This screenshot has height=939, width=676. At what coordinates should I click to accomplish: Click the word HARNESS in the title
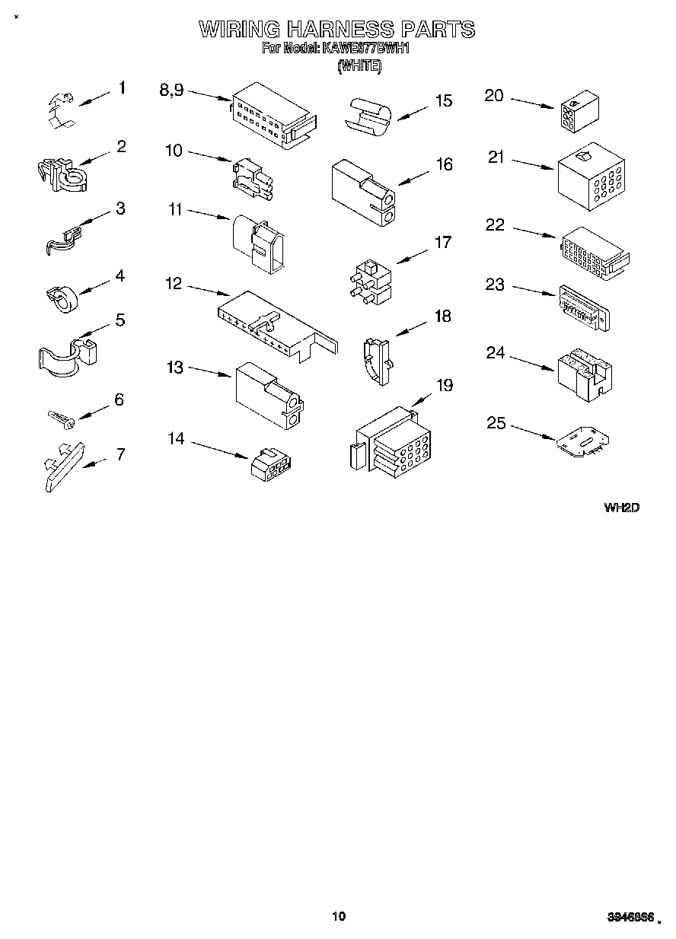coord(340,30)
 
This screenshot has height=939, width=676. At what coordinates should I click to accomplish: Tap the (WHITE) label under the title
coord(359,66)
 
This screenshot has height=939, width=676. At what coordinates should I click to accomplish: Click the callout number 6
coord(118,400)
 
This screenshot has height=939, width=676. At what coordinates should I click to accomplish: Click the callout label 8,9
coord(171,90)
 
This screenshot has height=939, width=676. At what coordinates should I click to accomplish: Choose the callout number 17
coord(442,243)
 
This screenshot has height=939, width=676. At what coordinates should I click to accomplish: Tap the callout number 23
coord(495,285)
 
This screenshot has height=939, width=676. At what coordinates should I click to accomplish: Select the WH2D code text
coord(620,508)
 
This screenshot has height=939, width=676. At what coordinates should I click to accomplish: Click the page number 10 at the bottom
coord(339,916)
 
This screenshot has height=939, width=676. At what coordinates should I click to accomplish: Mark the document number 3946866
coord(631,918)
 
